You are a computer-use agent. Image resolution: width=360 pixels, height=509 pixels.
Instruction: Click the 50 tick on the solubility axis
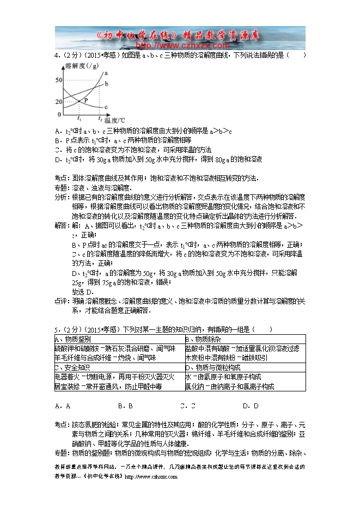click(59, 80)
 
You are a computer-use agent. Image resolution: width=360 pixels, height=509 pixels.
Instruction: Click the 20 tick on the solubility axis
click(59, 102)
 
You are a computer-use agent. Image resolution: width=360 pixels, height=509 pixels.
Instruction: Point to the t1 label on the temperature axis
click(80, 118)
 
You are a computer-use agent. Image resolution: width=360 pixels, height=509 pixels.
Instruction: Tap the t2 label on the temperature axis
click(100, 118)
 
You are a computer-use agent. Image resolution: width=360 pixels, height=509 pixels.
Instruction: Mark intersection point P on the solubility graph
click(80, 101)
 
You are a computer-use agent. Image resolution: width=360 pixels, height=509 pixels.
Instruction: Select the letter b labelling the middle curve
click(106, 83)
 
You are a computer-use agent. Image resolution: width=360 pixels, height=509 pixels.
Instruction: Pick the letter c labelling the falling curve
click(106, 107)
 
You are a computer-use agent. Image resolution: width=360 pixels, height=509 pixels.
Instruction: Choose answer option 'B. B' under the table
click(126, 406)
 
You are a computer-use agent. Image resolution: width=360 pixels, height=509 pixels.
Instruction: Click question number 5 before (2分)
click(56, 329)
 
